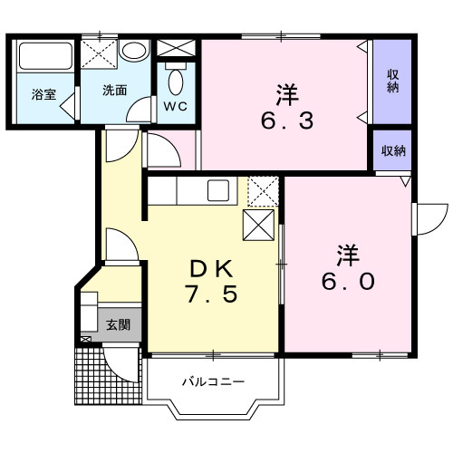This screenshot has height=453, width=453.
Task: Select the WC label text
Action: pyautogui.click(x=175, y=106)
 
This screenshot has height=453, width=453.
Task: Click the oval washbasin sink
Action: pyautogui.click(x=134, y=50)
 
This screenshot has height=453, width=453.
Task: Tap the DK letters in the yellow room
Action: pyautogui.click(x=213, y=268)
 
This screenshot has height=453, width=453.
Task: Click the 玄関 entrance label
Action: pyautogui.click(x=119, y=324)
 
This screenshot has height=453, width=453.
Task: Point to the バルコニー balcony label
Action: pyautogui.click(x=214, y=382)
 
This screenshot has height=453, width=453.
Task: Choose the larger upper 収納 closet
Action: pyautogui.click(x=392, y=82)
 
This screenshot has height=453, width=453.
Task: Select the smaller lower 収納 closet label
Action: pyautogui.click(x=392, y=151)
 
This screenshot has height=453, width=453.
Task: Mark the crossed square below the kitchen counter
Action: pyautogui.click(x=259, y=224)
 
